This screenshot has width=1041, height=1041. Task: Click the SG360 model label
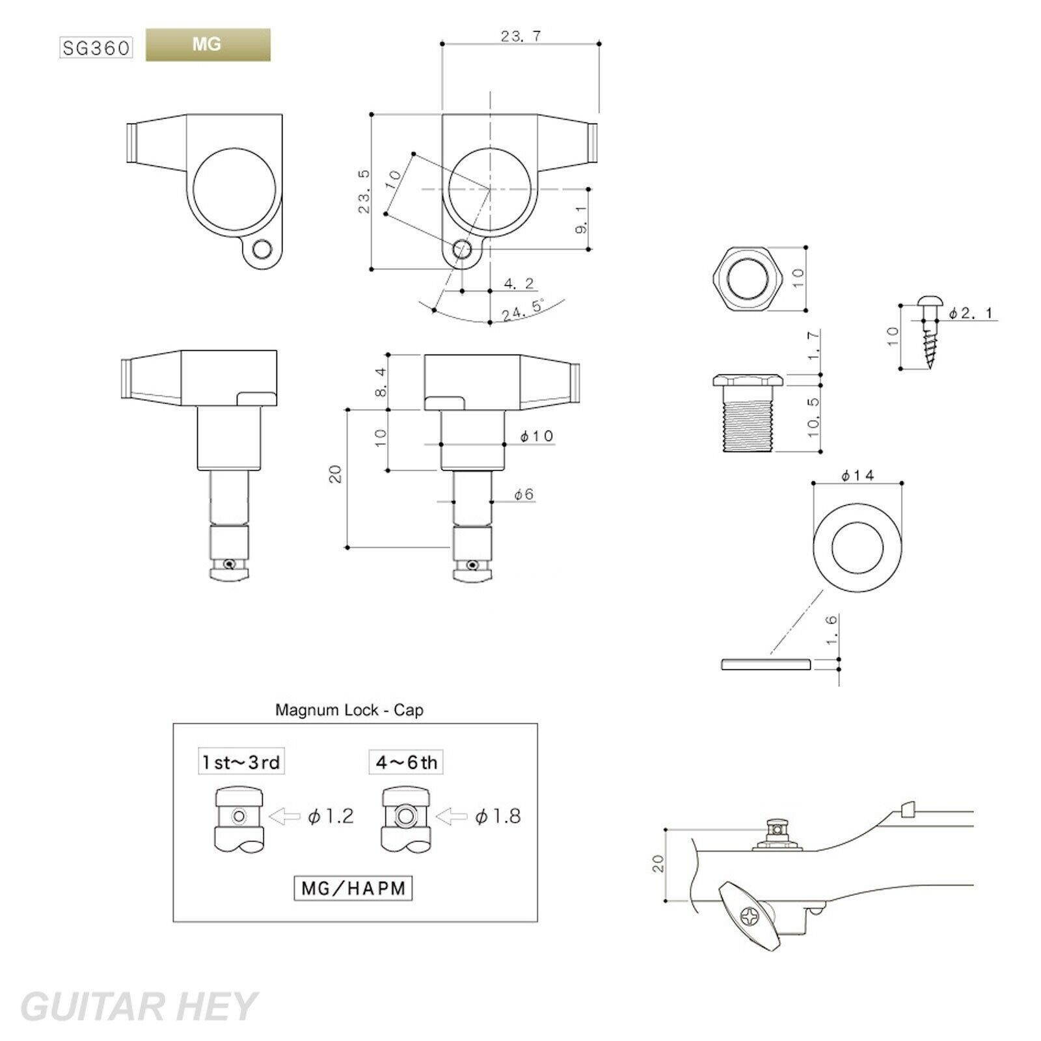[96, 48]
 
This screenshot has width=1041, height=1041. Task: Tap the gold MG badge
[208, 45]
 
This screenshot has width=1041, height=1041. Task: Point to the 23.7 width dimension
[521, 36]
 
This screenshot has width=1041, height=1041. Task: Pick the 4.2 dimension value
[519, 283]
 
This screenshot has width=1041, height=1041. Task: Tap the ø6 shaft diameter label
[524, 494]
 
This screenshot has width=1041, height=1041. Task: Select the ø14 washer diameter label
[858, 476]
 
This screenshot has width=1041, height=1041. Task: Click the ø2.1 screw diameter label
[971, 314]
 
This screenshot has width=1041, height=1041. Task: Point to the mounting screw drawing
[929, 331]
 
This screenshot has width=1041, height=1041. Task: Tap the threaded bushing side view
[748, 413]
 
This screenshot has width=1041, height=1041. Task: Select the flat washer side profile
[765, 664]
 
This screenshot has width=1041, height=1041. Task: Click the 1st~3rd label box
[241, 762]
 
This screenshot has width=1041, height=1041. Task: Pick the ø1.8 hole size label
[498, 816]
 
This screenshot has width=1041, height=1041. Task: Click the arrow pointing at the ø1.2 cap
[284, 817]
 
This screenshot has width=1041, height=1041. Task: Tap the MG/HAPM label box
[353, 888]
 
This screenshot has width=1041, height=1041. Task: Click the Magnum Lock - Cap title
[349, 709]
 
